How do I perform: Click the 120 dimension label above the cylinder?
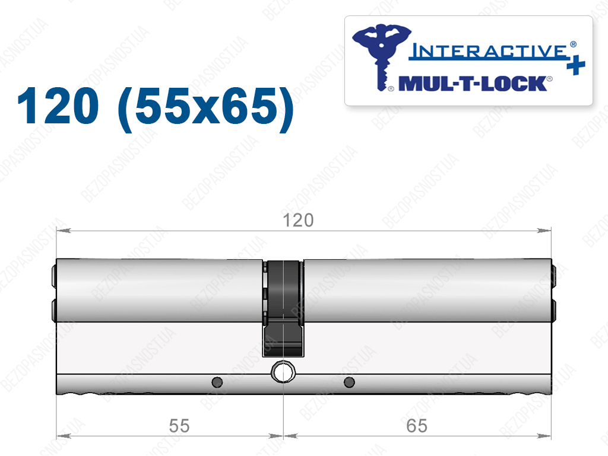tap(298, 220)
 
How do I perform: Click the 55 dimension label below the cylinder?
tap(179, 426)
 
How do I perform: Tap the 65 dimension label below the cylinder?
tap(417, 426)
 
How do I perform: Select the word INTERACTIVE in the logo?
tap(489, 52)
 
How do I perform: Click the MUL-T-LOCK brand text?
tap(473, 84)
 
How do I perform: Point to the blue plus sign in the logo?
tap(575, 65)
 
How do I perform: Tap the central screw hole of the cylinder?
tap(283, 372)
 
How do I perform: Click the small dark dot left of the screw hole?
tap(217, 382)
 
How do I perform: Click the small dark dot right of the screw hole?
tap(349, 382)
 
